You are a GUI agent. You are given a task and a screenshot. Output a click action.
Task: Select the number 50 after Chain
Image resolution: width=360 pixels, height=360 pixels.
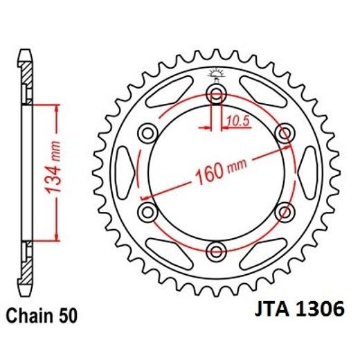[x=64, y=316]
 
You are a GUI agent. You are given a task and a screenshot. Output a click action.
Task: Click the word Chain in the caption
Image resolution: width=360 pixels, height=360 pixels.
[x=29, y=316]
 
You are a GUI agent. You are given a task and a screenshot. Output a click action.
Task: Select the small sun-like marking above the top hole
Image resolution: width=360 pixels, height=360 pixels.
[x=216, y=75]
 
